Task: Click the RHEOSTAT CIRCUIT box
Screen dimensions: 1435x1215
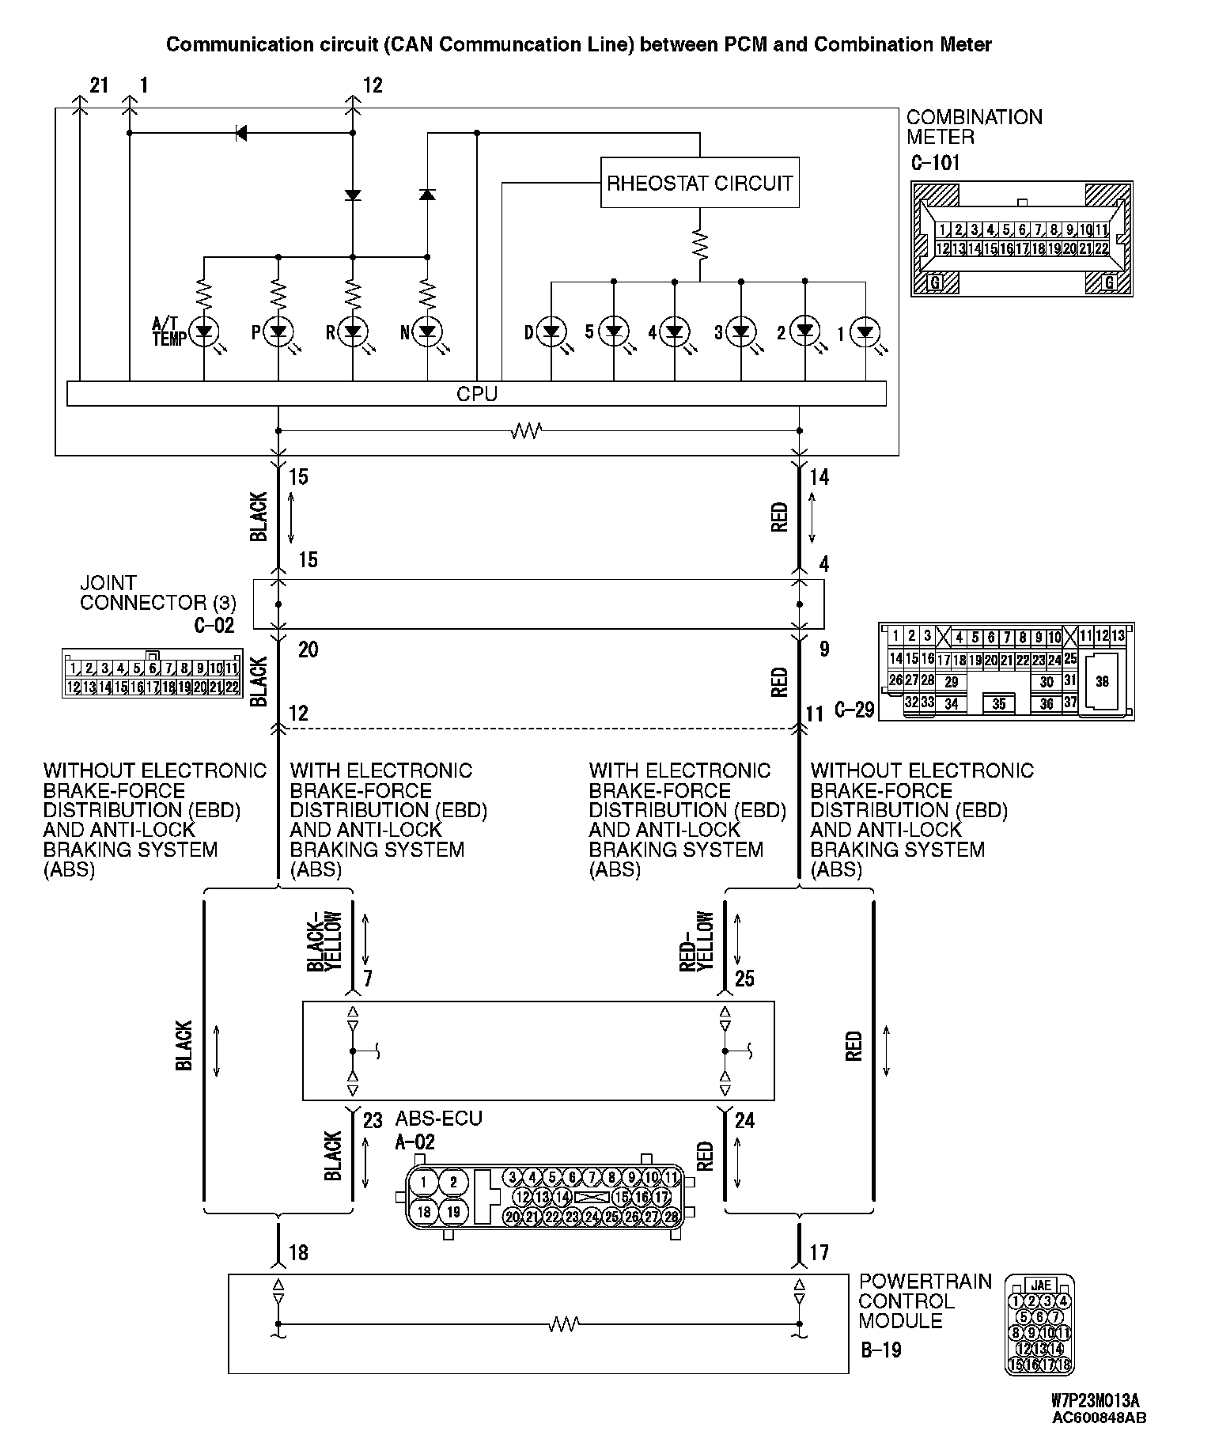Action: pyautogui.click(x=699, y=184)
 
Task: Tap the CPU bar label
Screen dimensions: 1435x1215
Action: pyautogui.click(x=477, y=393)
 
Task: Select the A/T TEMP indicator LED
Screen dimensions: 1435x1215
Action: pyautogui.click(x=205, y=331)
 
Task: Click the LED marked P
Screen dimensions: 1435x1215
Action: pyautogui.click(x=278, y=331)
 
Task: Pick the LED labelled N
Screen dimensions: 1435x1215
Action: pyautogui.click(x=427, y=331)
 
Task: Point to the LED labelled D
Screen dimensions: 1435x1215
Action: pyautogui.click(x=551, y=331)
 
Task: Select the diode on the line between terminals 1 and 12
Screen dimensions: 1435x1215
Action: pyautogui.click(x=241, y=133)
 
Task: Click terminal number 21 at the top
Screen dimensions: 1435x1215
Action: pyautogui.click(x=98, y=85)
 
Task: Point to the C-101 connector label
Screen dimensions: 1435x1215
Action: pyautogui.click(x=935, y=164)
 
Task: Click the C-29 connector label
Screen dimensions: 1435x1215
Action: pyautogui.click(x=854, y=710)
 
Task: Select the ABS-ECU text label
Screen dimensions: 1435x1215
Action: pyautogui.click(x=438, y=1119)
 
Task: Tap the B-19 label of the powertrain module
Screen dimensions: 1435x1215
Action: pyautogui.click(x=880, y=1350)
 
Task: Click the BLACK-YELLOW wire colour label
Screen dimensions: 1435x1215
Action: pyautogui.click(x=324, y=941)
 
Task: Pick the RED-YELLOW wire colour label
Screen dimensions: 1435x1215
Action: pyautogui.click(x=697, y=941)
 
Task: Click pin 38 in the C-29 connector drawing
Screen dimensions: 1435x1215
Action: pyautogui.click(x=1102, y=680)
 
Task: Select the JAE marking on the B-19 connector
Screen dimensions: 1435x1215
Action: pyautogui.click(x=1040, y=1285)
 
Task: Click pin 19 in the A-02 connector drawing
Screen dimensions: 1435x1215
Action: pyautogui.click(x=453, y=1212)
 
